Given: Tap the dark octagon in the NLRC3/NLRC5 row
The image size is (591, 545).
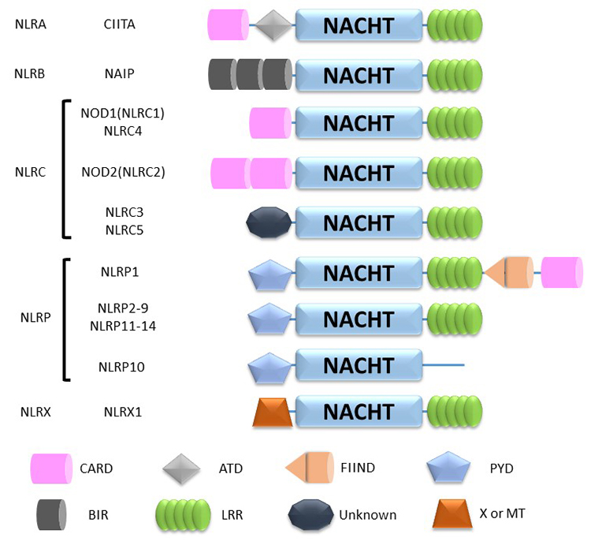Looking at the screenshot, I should [x=269, y=223].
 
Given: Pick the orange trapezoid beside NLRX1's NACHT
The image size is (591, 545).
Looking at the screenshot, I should [x=273, y=412].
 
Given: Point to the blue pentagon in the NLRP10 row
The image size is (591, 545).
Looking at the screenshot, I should [x=271, y=367].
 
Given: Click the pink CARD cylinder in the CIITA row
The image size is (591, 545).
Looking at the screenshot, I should [x=229, y=25].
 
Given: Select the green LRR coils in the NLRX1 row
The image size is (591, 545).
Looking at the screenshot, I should [x=454, y=412].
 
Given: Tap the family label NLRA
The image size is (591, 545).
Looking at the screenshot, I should [x=31, y=24].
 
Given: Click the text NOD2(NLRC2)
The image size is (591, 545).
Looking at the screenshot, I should [x=122, y=172].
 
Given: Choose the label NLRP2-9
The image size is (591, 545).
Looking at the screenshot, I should [x=122, y=308].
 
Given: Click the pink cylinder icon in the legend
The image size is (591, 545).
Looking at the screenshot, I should [x=50, y=468].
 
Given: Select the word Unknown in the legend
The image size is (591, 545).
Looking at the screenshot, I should [x=367, y=515].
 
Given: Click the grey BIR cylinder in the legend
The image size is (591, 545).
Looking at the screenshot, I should [x=50, y=514].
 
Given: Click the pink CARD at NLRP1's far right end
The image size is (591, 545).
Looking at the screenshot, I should [x=561, y=273].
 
